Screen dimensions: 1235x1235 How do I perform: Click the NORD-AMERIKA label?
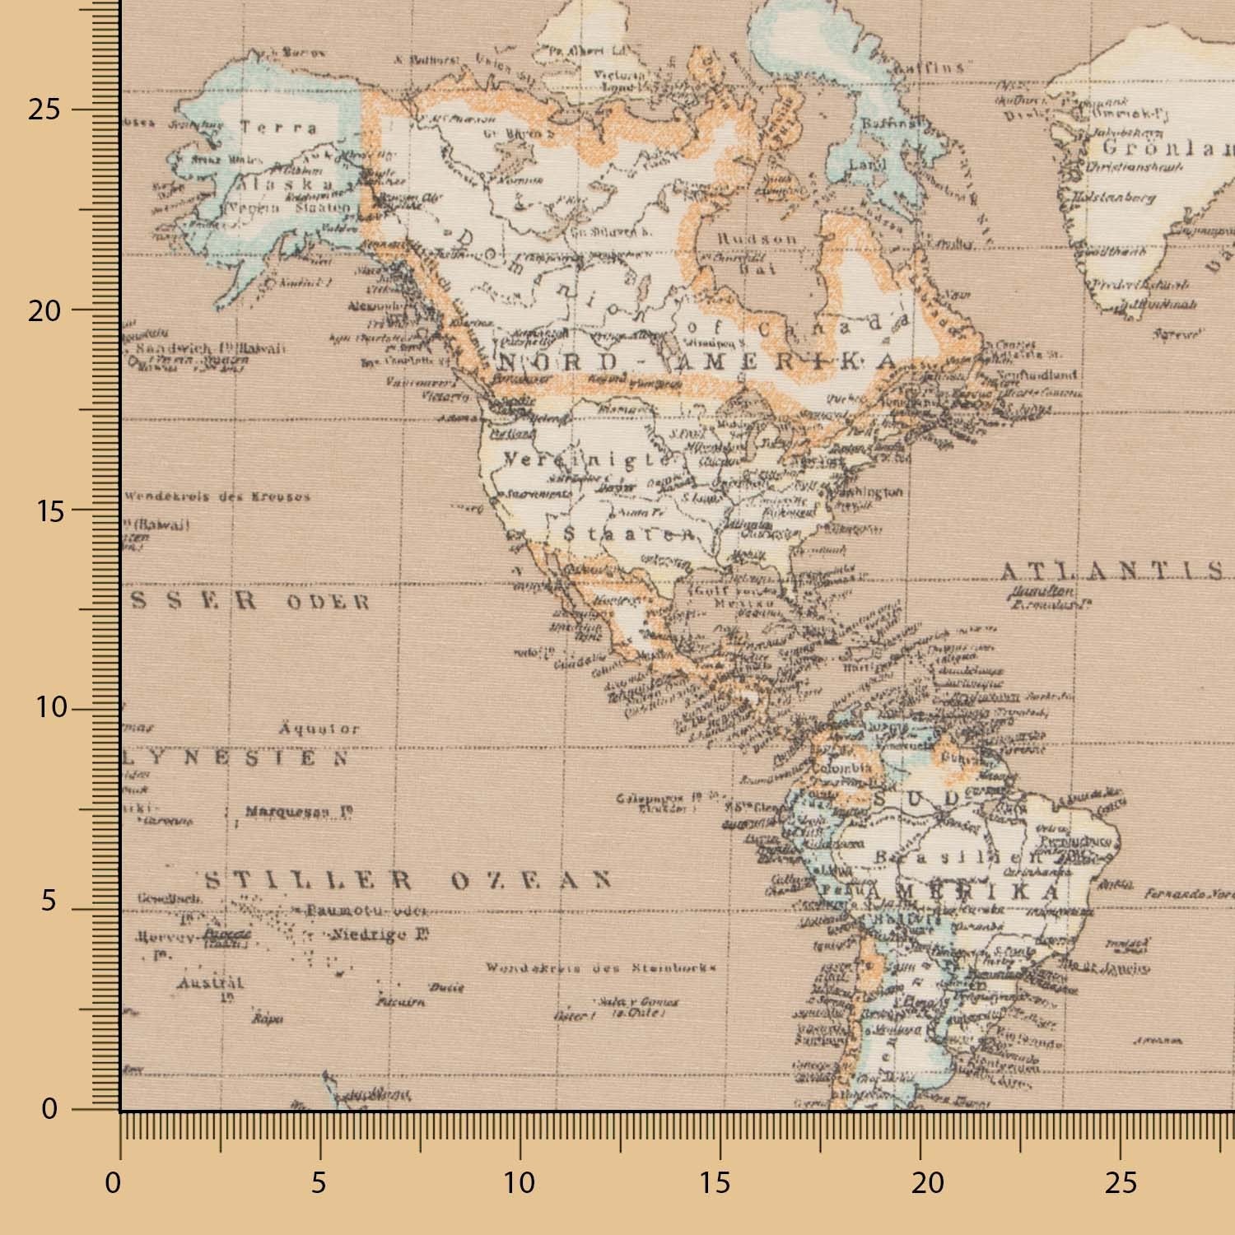[697, 362]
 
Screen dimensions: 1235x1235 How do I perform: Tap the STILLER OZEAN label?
[408, 881]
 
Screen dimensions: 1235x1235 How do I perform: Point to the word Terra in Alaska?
[278, 128]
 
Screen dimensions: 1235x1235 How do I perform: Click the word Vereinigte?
[587, 460]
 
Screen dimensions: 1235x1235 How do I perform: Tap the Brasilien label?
[947, 857]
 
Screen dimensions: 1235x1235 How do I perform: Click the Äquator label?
[319, 729]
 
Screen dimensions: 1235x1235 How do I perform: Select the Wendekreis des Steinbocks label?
[600, 968]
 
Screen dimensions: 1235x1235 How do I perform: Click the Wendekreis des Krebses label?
[217, 496]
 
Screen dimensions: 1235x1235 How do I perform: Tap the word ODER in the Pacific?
[328, 602]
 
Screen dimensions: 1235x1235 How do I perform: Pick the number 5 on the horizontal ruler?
[319, 1184]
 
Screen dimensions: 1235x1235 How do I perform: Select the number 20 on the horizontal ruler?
[927, 1184]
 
